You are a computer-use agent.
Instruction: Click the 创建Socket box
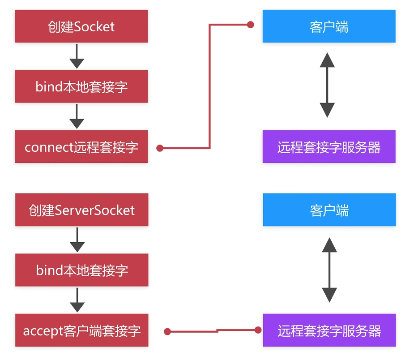click(81, 27)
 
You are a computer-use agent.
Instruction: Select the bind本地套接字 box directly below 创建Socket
click(81, 86)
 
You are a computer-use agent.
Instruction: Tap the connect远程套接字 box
click(81, 147)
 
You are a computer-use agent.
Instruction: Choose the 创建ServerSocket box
click(81, 210)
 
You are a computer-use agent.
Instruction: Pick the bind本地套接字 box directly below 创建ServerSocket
click(82, 270)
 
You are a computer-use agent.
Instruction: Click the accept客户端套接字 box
click(82, 330)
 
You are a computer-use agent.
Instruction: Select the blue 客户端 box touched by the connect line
click(329, 27)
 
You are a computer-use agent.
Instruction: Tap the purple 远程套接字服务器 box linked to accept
click(329, 330)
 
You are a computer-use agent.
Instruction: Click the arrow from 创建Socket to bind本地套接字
click(77, 56)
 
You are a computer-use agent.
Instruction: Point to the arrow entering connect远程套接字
click(77, 117)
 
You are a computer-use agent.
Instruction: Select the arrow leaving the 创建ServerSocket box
click(77, 240)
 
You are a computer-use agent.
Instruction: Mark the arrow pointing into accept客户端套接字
click(77, 300)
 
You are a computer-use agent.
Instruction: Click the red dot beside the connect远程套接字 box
click(160, 148)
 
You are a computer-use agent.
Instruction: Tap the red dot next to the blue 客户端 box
click(251, 25)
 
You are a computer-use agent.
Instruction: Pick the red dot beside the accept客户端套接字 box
click(167, 332)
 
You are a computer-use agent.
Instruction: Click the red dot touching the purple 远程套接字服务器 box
click(258, 330)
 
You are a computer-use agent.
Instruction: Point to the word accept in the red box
click(43, 331)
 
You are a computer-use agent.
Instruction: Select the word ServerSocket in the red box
click(94, 210)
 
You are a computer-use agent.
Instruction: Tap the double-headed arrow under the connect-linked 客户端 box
click(327, 85)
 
